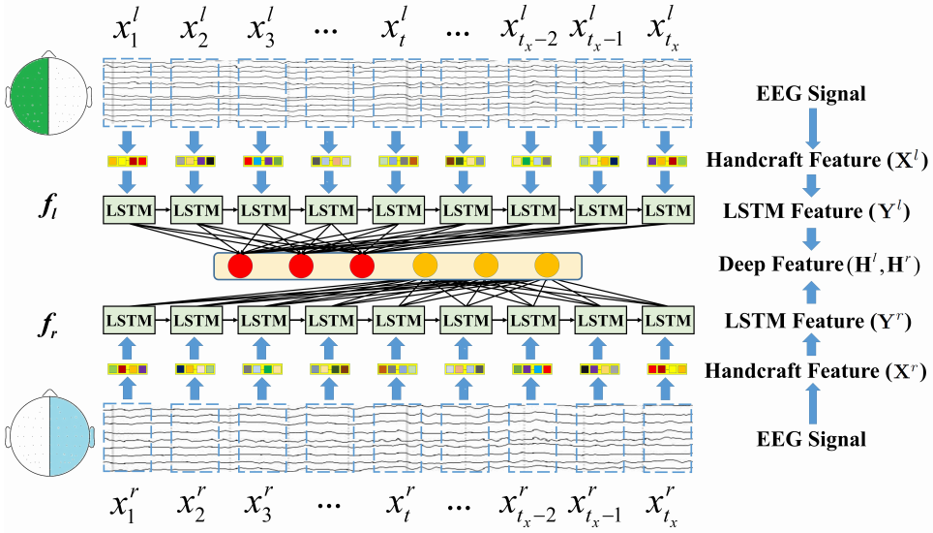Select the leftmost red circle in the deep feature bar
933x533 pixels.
click(239, 264)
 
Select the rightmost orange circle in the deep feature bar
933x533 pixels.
click(547, 264)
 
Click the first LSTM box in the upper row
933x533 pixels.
click(126, 208)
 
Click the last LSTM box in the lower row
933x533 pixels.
click(668, 320)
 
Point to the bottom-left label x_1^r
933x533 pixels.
click(127, 505)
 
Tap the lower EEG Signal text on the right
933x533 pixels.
click(812, 440)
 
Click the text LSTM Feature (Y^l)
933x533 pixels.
click(812, 208)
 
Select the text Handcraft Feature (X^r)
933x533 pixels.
click(812, 370)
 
